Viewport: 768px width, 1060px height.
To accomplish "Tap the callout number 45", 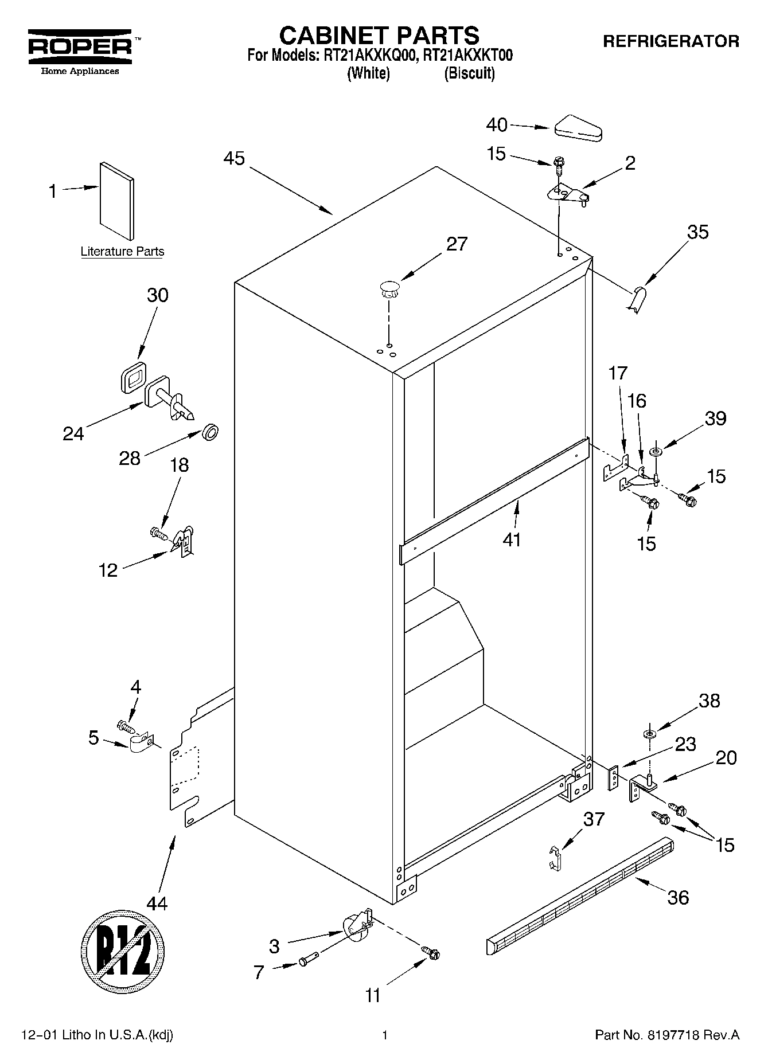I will [x=233, y=158].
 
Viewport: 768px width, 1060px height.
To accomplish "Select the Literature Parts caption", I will [x=122, y=251].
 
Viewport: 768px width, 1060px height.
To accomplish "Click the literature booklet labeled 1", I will [x=118, y=200].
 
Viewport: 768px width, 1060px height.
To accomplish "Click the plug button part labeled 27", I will [x=389, y=288].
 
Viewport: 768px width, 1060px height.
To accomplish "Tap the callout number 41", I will [x=512, y=539].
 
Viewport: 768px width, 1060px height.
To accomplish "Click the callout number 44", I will [x=157, y=903].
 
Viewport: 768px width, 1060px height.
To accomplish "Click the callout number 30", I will [x=158, y=295].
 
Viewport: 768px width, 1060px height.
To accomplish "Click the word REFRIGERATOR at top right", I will [x=670, y=41].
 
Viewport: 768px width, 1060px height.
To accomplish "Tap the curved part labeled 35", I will [x=636, y=299].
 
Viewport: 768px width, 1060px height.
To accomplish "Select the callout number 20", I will [x=726, y=757].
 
